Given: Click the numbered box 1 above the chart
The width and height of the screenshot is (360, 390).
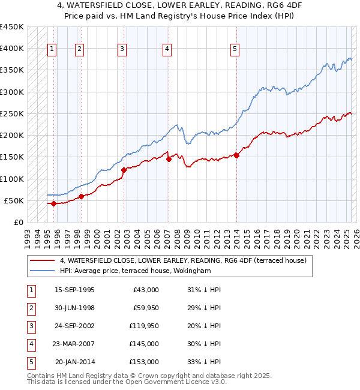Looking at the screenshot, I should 52,50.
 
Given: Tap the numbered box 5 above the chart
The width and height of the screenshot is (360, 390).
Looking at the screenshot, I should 235,50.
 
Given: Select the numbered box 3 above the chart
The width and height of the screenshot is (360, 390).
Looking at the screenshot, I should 122,50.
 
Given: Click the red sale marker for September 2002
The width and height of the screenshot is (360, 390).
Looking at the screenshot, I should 124,170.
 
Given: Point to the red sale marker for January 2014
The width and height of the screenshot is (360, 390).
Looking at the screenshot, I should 237,155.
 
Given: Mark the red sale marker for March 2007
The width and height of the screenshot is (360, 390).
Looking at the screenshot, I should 169,159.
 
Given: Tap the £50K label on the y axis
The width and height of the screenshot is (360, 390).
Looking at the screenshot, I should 14,200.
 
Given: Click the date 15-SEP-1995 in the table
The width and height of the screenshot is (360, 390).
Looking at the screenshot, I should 74,290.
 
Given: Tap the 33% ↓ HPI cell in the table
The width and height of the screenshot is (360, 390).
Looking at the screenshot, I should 204,362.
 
